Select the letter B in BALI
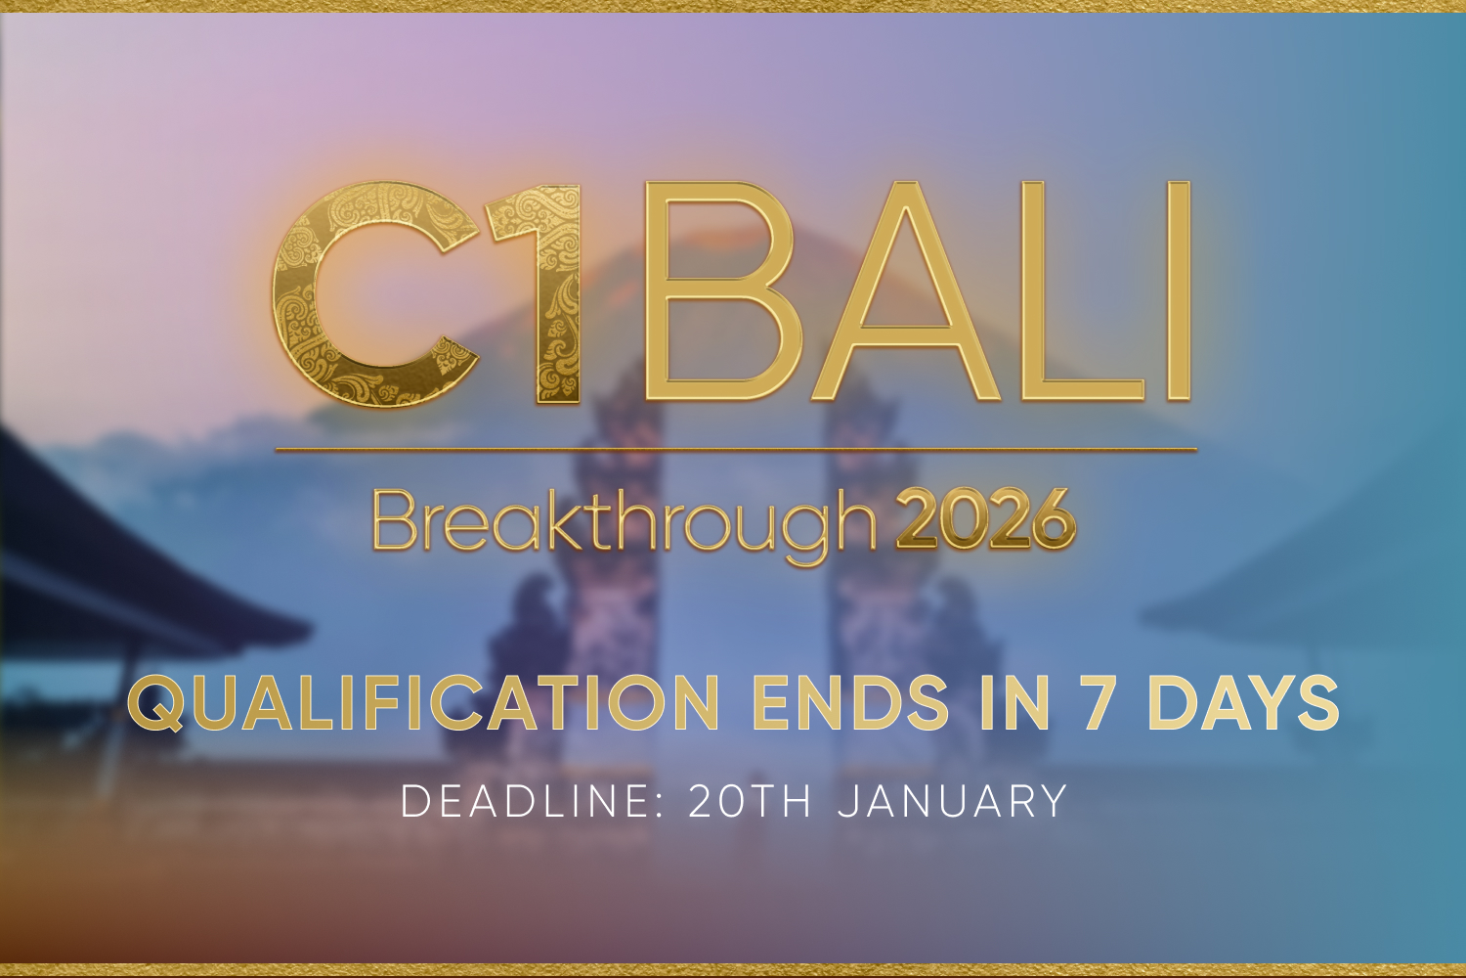coord(720,290)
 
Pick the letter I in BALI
coord(1180,290)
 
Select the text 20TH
coord(750,800)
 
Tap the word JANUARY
coord(952,800)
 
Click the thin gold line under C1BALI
coord(736,449)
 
